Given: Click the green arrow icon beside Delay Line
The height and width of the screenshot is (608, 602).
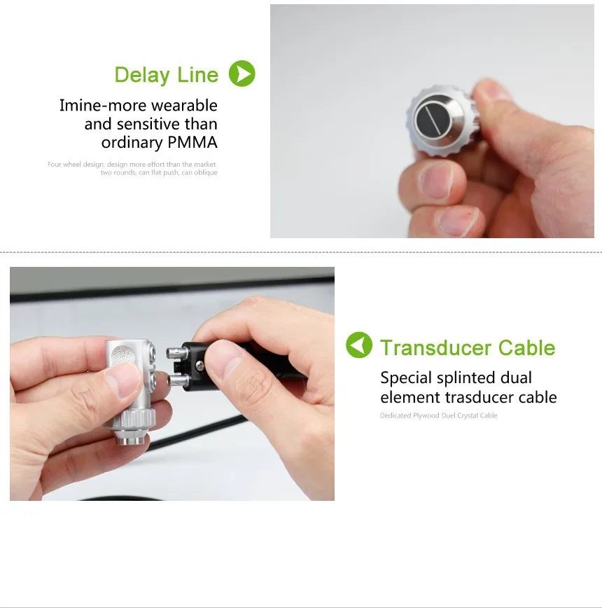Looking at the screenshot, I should pos(242,74).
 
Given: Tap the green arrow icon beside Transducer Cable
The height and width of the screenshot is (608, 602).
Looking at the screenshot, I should pos(359,345).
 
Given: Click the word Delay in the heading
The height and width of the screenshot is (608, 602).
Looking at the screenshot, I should pos(142,75).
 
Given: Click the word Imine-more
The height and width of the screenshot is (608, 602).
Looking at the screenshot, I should pos(103,106).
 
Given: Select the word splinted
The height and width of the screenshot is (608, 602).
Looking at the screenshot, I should pos(465,378).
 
